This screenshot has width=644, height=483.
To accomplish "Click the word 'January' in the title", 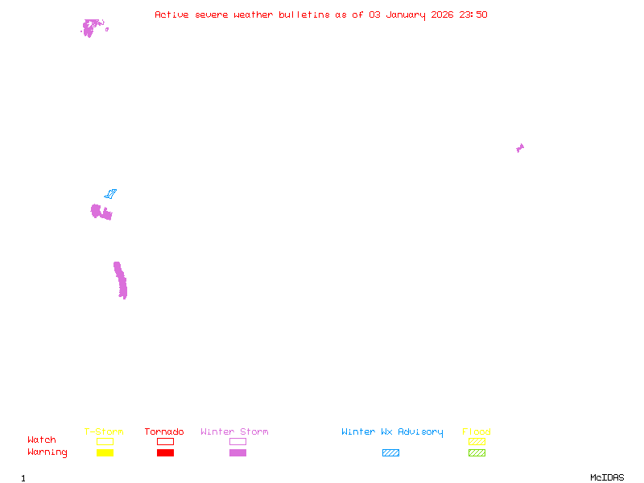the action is (x=406, y=15).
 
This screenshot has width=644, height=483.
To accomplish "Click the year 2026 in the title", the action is (x=442, y=14).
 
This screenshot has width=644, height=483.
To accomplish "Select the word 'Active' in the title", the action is (x=171, y=14).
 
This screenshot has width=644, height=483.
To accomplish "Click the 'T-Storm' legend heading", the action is (x=104, y=431).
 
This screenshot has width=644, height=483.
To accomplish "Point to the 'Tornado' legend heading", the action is (x=164, y=431).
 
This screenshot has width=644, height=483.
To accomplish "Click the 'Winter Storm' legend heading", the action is (x=234, y=431).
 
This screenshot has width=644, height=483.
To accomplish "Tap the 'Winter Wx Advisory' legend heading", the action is (x=392, y=432).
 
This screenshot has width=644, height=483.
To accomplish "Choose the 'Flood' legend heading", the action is (x=477, y=431).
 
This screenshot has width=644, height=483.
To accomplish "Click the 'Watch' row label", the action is (x=42, y=440).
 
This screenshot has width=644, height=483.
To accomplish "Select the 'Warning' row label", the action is (x=47, y=452).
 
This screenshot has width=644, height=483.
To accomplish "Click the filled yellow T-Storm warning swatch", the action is (x=105, y=453).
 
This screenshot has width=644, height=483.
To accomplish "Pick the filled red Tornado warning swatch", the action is (x=166, y=453).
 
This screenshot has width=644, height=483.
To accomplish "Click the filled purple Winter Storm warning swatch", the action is (x=237, y=453).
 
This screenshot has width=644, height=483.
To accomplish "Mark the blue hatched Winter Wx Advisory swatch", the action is (x=390, y=453).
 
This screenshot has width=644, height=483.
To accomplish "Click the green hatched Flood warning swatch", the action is (x=477, y=453).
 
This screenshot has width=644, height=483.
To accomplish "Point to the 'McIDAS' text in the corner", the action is (x=607, y=477).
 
